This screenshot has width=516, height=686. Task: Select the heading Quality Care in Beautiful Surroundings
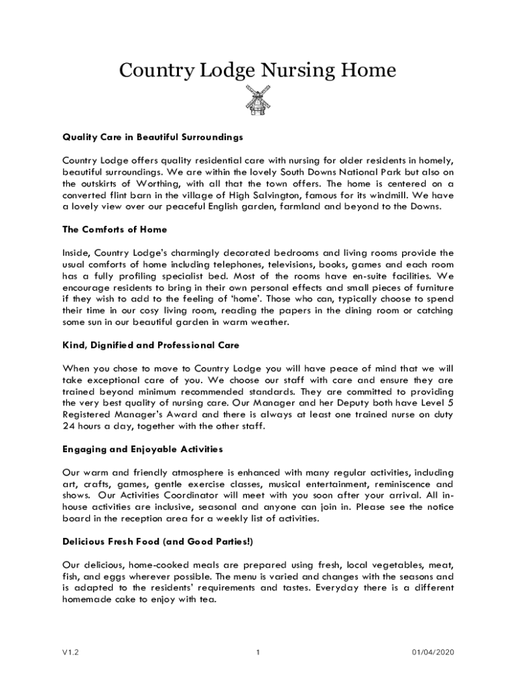pos(153,137)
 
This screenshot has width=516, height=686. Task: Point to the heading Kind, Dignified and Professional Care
pos(151,345)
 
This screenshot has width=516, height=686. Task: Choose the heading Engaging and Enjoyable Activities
pos(142,449)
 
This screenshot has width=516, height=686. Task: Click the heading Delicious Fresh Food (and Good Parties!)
pos(158,541)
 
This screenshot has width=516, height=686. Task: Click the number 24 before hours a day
pos(68,426)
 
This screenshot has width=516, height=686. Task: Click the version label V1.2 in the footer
pos(71,653)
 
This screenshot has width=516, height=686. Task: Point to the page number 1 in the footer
pos(257,653)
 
